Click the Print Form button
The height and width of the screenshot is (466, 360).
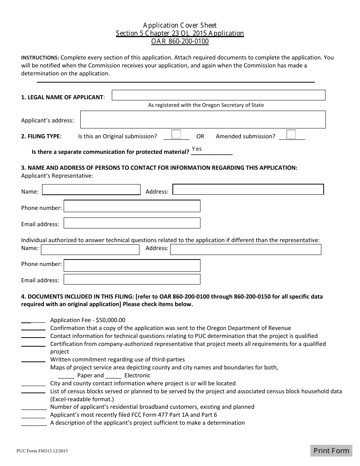click(331, 450)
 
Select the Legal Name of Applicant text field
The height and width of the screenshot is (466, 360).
click(218, 95)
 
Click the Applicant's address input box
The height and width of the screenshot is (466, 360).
click(203, 119)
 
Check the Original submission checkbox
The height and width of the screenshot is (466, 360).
click(176, 134)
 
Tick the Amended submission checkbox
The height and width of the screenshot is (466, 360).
click(291, 134)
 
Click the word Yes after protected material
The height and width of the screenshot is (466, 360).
click(197, 149)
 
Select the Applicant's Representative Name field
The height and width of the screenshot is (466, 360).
click(91, 189)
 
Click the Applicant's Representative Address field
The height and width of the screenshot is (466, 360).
click(248, 189)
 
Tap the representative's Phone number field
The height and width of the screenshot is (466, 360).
click(132, 206)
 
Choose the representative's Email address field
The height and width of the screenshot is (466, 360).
click(132, 223)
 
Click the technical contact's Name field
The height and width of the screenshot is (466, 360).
click(90, 250)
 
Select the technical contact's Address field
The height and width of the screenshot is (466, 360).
click(246, 249)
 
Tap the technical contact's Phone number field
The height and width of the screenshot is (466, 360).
click(132, 265)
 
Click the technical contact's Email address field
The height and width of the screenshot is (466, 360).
click(132, 279)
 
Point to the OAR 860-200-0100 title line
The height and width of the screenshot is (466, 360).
click(180, 41)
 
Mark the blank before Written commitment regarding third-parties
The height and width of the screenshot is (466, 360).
click(33, 359)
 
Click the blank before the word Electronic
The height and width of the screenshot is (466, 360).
click(113, 375)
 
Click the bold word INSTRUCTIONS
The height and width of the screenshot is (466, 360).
click(40, 58)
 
